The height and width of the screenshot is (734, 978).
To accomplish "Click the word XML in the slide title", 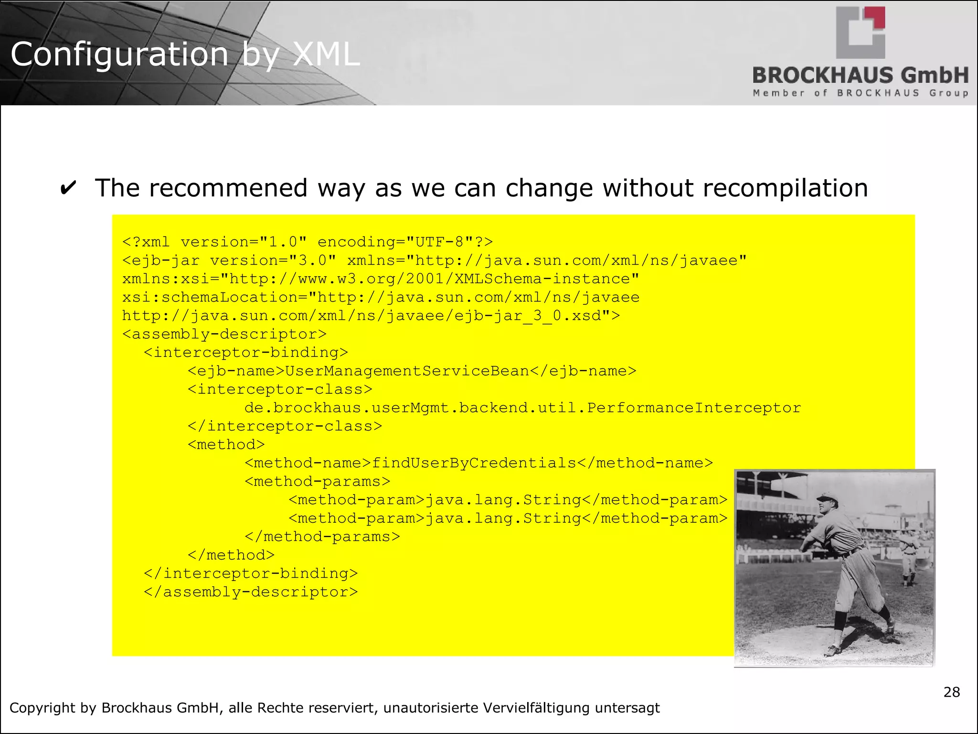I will point(326,54).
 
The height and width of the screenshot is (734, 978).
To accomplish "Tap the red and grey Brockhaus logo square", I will point(861,32).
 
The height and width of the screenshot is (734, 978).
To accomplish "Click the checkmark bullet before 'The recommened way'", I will point(68,188).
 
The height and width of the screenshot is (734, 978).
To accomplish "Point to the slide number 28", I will point(951,692).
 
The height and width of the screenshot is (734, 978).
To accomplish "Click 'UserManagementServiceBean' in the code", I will point(407,371).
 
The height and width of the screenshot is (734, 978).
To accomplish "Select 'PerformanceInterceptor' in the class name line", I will point(694,408).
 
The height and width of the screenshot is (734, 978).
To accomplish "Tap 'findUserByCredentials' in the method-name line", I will point(474,463).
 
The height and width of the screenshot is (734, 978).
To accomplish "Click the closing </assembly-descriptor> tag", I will point(251,592).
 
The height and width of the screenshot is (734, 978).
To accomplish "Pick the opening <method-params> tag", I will point(318,482).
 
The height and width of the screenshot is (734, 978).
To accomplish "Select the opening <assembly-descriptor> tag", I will point(224,335).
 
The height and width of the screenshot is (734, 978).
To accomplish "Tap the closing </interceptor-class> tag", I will point(285,426).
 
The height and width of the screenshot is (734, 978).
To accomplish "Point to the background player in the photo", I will point(908,554).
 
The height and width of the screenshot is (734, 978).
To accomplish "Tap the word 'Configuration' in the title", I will point(119,54).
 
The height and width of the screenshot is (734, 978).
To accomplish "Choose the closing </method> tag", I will point(231,555).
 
